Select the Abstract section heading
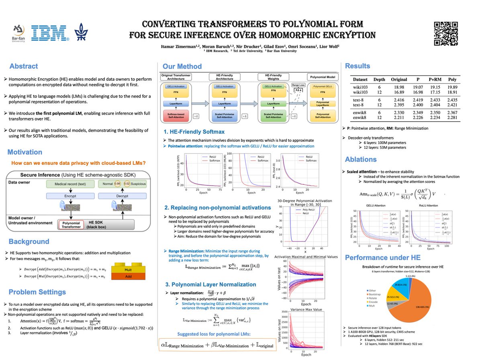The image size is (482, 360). (x=24, y=66)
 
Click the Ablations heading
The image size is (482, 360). (x=361, y=159)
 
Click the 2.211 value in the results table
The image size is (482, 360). (x=399, y=118)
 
